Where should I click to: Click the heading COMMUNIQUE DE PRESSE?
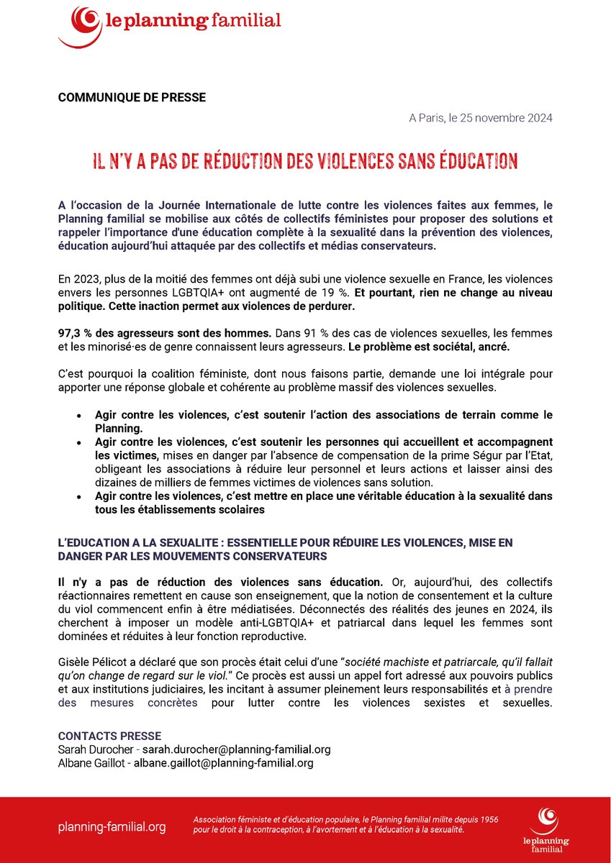click(x=132, y=98)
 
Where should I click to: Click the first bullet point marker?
click(x=78, y=416)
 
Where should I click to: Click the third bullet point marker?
click(x=78, y=498)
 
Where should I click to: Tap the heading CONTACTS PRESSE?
click(x=109, y=736)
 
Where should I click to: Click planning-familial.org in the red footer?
click(x=112, y=827)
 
